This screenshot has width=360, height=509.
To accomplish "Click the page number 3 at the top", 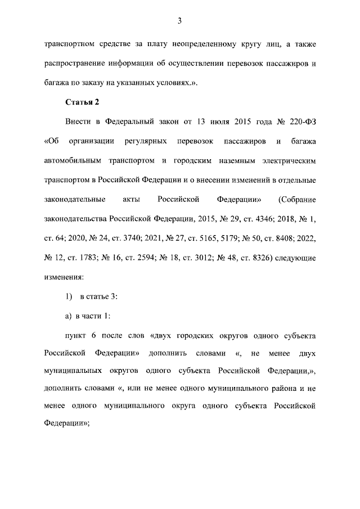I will coord(179,21).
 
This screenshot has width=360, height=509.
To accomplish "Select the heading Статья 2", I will coord(83,102).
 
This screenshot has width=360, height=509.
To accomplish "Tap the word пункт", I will coord(78,336).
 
